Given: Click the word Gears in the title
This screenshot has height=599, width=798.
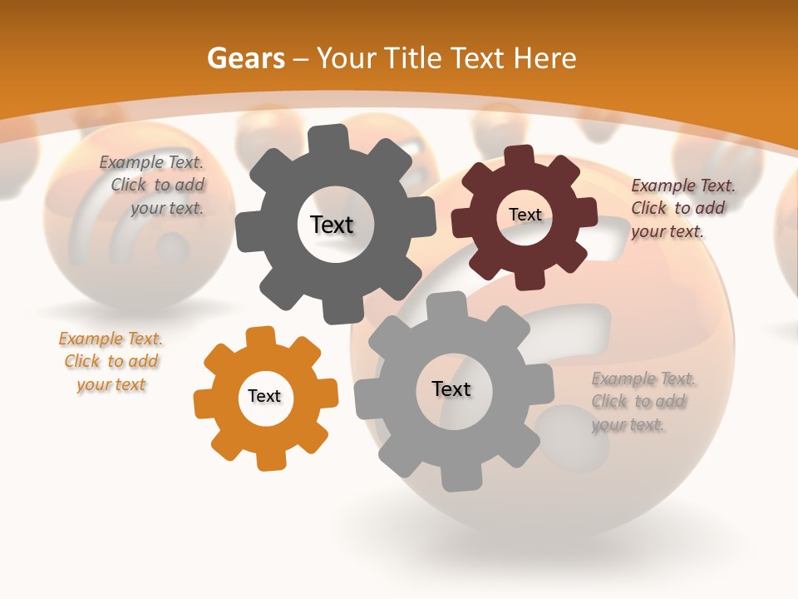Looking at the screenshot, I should coord(245,58).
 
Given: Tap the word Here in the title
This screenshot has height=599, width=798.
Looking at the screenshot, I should coord(544,58).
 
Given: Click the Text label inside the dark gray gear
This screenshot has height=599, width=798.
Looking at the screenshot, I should coord(332,225).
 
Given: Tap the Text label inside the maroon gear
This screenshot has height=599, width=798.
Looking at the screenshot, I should coord(525,215).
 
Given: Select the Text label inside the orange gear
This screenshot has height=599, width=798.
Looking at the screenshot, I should coord(264,397).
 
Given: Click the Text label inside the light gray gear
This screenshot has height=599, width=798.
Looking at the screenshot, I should coord(451,389).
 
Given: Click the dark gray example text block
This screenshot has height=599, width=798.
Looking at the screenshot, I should coord(153,186).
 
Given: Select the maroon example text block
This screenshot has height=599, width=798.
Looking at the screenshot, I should coord(682,209).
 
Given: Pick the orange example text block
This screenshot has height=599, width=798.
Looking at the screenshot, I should coord(111,362).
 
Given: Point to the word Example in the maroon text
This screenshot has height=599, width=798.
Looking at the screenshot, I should coord(663,186).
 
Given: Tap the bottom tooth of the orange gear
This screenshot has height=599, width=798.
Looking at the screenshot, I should coord(269,460).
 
